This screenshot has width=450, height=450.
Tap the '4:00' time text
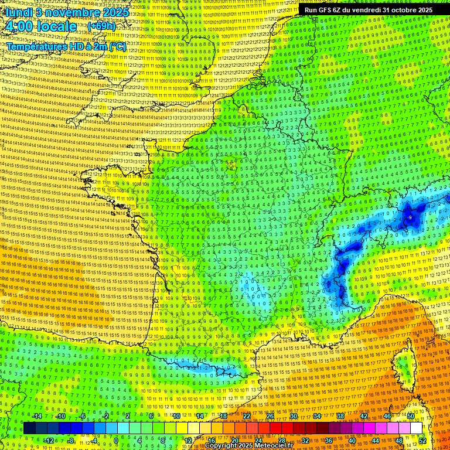(21, 26)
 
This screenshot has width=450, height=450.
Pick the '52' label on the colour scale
(422, 440)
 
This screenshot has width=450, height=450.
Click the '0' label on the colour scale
(116, 440)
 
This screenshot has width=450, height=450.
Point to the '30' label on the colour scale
(294, 416)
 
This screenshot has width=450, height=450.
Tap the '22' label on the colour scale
(247, 416)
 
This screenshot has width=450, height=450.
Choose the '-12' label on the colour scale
(49, 440)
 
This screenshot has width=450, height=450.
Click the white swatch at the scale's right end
(416, 428)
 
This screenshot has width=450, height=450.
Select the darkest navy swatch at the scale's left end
(29, 428)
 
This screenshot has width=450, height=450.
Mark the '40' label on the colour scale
(352, 440)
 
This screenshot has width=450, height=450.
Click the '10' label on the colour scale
(176, 416)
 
